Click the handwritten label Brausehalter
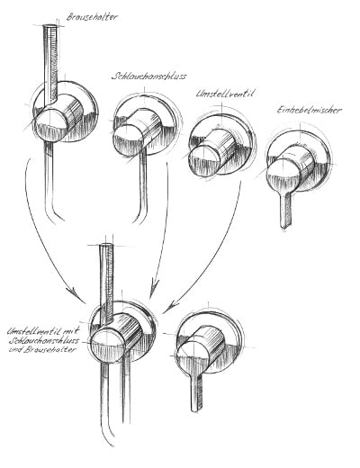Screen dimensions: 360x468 [x=92, y=17]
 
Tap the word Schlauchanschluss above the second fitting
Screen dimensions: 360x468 [x=148, y=76]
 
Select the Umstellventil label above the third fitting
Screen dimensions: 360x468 [x=225, y=94]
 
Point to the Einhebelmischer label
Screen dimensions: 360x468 [x=309, y=110]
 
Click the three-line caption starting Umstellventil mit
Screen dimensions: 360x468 [x=43, y=340]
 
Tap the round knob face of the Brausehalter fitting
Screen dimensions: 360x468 [x=50, y=125]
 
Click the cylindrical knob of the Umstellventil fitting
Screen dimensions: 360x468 [x=213, y=153]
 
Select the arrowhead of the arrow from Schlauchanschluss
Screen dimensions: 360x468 [x=154, y=289]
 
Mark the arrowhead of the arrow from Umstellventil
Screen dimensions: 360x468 [x=172, y=306]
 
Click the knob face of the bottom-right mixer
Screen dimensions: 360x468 [x=192, y=357]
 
